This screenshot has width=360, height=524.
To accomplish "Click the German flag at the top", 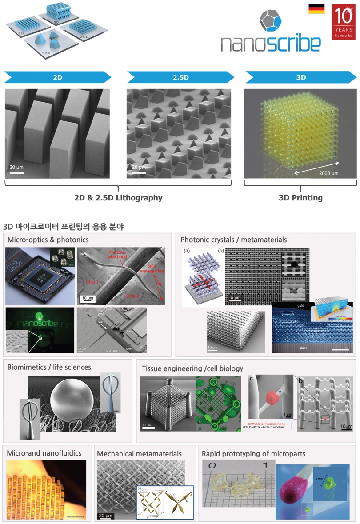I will click(x=316, y=9).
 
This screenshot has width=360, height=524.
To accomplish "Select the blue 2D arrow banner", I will click(x=58, y=77).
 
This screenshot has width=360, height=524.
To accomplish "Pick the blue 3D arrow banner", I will click(x=301, y=77).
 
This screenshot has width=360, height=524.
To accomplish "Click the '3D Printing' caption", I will click(x=301, y=198).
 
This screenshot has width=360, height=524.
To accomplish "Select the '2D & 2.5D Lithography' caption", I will click(x=118, y=198).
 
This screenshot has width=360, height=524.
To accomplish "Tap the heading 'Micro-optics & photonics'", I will click(x=48, y=240).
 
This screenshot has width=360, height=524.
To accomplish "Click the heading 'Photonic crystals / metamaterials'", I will click(x=233, y=240).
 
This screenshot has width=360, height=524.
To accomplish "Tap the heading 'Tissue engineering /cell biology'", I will click(x=192, y=368).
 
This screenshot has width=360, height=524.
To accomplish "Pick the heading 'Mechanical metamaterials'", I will click(x=139, y=454).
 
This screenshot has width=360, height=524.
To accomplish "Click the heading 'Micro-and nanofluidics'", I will click(x=44, y=453).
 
